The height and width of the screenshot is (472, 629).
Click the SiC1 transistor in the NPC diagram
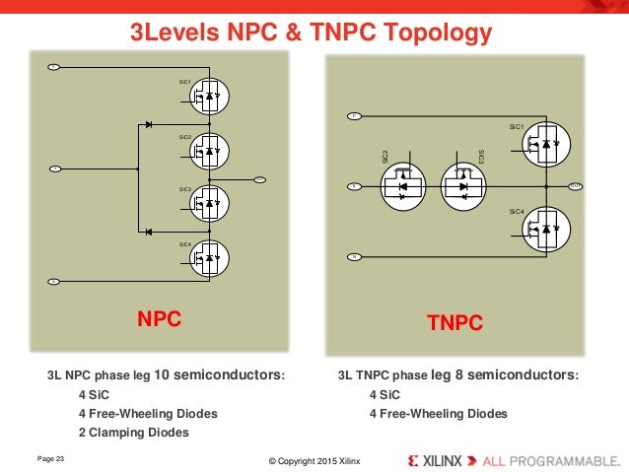(x=209, y=96)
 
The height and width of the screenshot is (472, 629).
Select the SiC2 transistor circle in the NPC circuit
(x=209, y=150)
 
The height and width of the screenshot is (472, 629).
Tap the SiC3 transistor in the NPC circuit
(x=209, y=203)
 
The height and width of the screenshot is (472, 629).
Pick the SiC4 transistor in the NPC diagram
(x=209, y=257)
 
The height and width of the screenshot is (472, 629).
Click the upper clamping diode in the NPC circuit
(x=148, y=125)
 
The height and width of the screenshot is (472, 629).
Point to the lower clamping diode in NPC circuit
(x=148, y=231)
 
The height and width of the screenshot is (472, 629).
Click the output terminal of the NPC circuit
(x=260, y=178)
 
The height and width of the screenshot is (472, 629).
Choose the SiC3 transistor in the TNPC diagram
(x=463, y=185)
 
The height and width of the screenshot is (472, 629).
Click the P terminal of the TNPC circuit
(x=354, y=116)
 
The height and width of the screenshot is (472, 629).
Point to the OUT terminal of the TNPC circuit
(x=575, y=185)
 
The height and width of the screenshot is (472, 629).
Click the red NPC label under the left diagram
(x=161, y=318)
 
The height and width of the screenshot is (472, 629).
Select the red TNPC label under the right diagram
(x=454, y=321)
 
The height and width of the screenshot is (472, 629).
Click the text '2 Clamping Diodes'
(x=133, y=432)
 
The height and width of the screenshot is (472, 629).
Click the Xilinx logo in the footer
(x=443, y=460)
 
